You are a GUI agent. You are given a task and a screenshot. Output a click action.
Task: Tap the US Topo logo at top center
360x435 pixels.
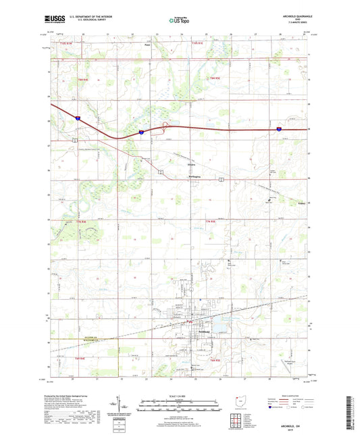tap(179, 21)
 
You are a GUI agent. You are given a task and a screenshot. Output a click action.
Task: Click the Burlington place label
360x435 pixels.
tap(194, 178)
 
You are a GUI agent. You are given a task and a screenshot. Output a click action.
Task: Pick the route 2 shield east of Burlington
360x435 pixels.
tap(221, 180)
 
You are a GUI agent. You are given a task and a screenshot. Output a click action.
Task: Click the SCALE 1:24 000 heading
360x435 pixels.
tap(179, 396)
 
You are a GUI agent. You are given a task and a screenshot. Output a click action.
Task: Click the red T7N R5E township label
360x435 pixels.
tap(210, 222)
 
